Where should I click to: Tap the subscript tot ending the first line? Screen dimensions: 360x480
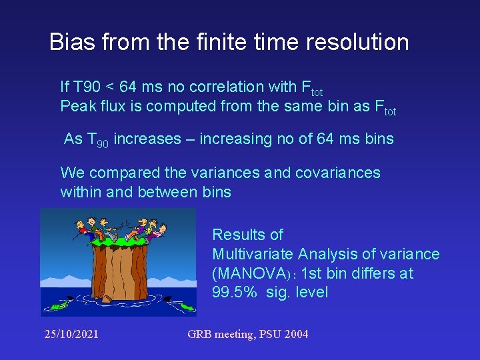pos(316,93)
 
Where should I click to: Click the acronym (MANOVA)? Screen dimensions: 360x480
pos(254,273)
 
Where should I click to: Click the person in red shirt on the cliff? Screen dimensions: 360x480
pos(83,230)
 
